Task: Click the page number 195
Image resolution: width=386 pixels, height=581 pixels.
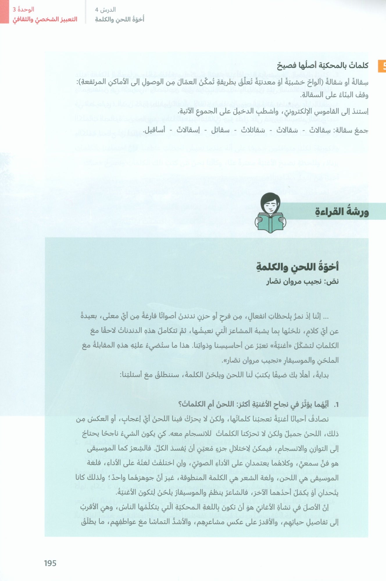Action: point(50,563)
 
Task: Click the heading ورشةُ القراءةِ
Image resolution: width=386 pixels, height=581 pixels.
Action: point(342,212)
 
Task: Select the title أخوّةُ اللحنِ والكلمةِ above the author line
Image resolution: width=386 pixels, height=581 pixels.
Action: point(297,267)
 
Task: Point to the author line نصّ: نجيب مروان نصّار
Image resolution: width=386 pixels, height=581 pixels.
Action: point(303,281)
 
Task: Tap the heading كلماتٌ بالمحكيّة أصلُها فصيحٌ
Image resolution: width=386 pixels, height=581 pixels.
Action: point(322,66)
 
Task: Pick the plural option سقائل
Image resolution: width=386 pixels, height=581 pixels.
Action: point(220,130)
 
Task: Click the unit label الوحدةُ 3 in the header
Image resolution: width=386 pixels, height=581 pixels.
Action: point(24,9)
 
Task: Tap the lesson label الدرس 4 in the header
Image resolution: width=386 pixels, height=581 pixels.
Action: point(105,10)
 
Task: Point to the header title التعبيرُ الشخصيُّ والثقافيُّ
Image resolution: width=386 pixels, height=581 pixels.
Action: point(45,19)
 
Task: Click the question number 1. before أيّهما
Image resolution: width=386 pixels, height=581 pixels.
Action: point(336,405)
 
